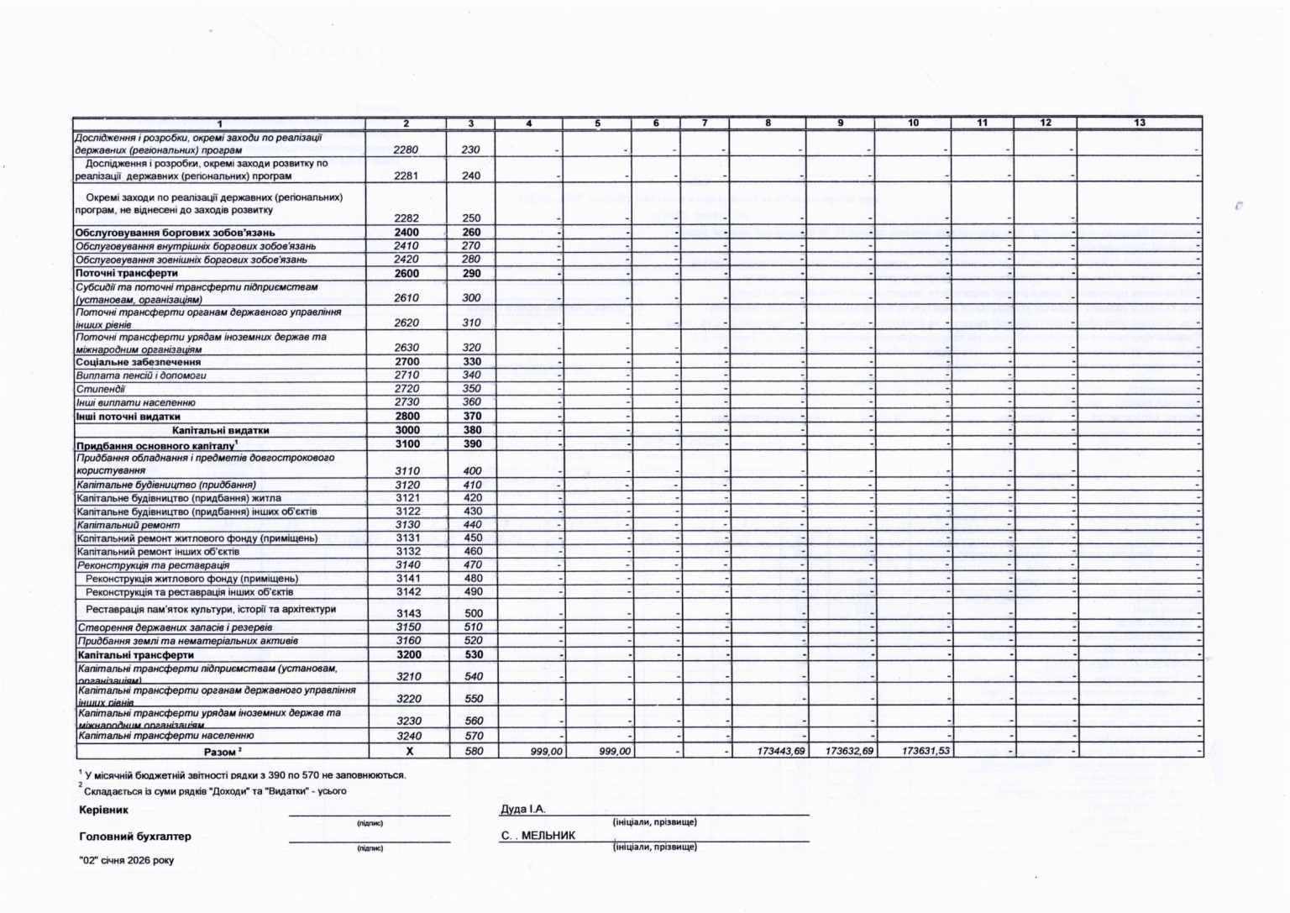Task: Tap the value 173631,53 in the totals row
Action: pyautogui.click(x=926, y=751)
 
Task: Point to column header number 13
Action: pyautogui.click(x=1139, y=123)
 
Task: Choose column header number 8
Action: pyautogui.click(x=768, y=123)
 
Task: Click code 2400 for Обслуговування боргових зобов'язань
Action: pyautogui.click(x=406, y=233)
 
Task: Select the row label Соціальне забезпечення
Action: pyautogui.click(x=126, y=362)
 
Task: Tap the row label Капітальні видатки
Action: pyautogui.click(x=220, y=430)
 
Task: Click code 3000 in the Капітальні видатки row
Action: pyautogui.click(x=406, y=430)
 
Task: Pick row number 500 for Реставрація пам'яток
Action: pyautogui.click(x=473, y=613)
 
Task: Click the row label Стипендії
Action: pyautogui.click(x=101, y=389)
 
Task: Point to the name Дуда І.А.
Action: pyautogui.click(x=522, y=809)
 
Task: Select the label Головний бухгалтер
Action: pyautogui.click(x=134, y=837)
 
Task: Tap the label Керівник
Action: pyautogui.click(x=103, y=811)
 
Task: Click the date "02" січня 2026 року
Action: pyautogui.click(x=126, y=860)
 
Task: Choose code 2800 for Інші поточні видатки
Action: pyautogui.click(x=406, y=417)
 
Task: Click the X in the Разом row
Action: pyautogui.click(x=410, y=751)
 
